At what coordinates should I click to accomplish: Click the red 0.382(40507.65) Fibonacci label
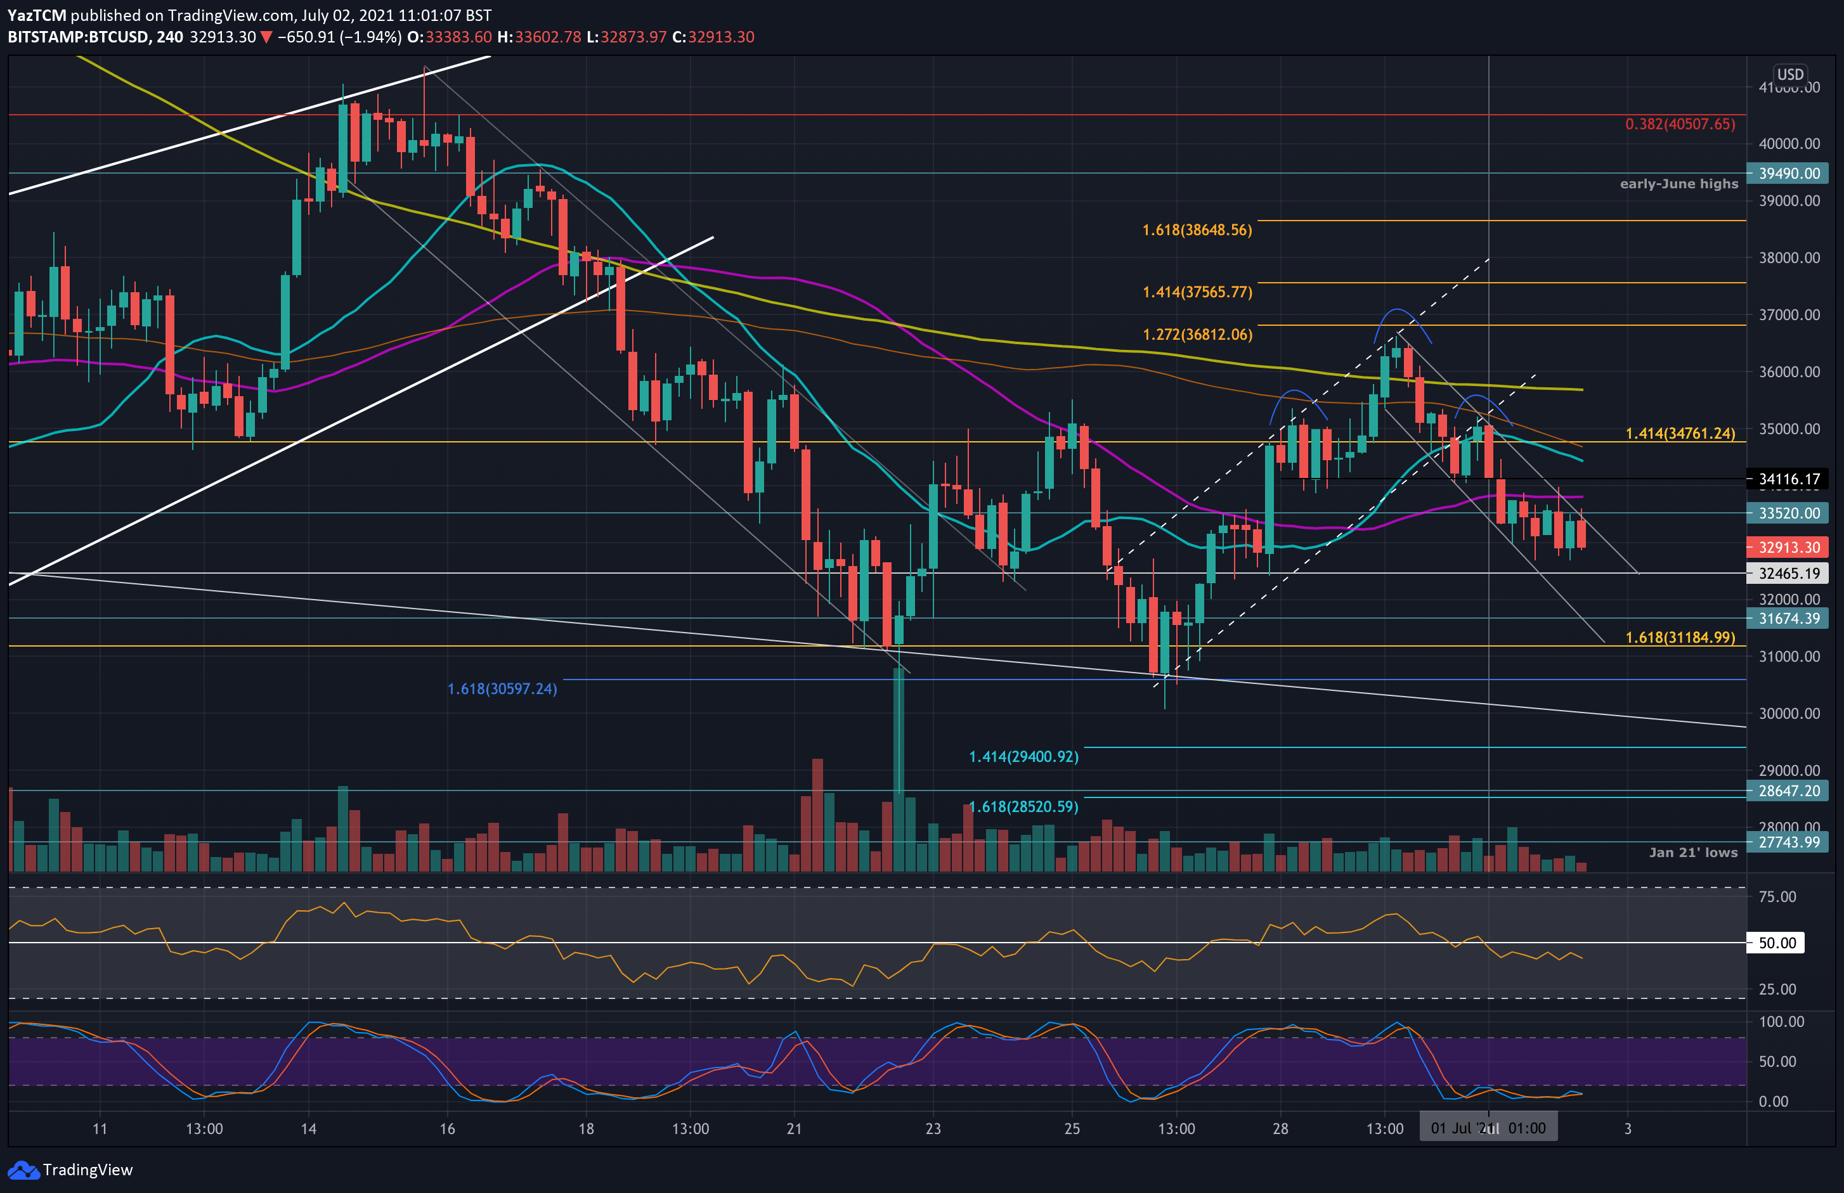click(1680, 124)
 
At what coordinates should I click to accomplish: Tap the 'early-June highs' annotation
click(1678, 184)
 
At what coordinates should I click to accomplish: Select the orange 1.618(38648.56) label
click(1197, 230)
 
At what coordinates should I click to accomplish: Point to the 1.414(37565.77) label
click(1197, 292)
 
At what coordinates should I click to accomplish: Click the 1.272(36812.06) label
click(1197, 335)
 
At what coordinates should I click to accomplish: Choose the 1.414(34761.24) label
click(1680, 433)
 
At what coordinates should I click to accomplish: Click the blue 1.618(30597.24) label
click(502, 688)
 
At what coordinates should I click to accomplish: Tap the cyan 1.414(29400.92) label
click(1023, 756)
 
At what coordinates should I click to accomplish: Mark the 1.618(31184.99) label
click(1680, 638)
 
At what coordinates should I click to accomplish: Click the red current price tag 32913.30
click(1788, 547)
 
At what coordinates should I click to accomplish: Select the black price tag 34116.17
click(1788, 479)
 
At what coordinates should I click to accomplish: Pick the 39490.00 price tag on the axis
click(1788, 174)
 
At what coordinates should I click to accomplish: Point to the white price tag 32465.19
click(1788, 573)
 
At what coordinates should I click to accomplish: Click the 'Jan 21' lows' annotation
click(1692, 852)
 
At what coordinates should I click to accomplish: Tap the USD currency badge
click(1789, 74)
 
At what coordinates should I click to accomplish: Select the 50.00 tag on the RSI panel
click(1777, 943)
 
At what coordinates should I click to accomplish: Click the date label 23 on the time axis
click(933, 1129)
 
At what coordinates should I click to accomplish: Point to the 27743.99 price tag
click(1788, 842)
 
